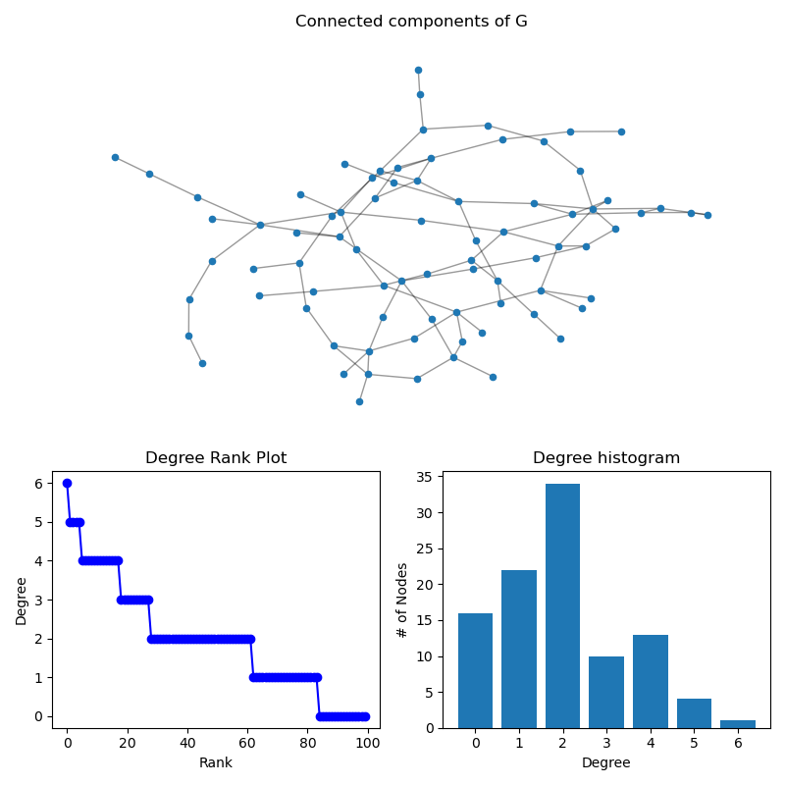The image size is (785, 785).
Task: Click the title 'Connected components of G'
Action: [x=411, y=22]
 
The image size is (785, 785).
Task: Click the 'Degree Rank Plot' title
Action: [x=216, y=458]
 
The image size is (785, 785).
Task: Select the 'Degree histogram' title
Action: [x=605, y=458]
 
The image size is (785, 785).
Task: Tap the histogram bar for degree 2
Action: [x=562, y=605]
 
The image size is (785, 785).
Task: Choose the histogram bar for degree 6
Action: [x=738, y=724]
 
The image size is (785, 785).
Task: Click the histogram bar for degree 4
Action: [x=650, y=681]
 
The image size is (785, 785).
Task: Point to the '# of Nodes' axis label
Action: [x=402, y=600]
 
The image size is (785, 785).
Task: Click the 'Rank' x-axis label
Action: [x=216, y=762]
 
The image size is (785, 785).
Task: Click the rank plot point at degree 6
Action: [x=67, y=483]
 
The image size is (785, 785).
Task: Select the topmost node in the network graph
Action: [x=418, y=70]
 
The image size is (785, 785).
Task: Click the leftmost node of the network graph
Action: [x=115, y=157]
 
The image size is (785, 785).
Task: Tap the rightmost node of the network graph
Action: [x=707, y=215]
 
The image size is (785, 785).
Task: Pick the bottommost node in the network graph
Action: [x=359, y=401]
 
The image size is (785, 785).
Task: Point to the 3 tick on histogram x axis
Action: [x=606, y=744]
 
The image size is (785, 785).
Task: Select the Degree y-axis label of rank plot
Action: [x=22, y=600]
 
